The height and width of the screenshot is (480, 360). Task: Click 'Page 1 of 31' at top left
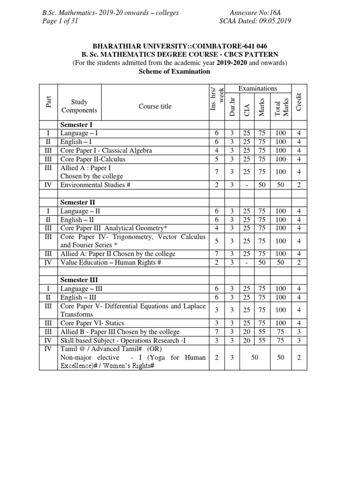[x=59, y=21]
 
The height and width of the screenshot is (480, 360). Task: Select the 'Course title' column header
[x=155, y=106]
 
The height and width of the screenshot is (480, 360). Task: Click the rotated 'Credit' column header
[x=299, y=102]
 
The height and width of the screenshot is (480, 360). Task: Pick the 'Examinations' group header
[x=258, y=89]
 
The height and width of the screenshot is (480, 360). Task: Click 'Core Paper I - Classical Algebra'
[x=106, y=150]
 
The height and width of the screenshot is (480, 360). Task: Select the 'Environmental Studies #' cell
[x=96, y=185]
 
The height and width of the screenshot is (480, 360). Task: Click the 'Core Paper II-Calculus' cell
[x=93, y=159]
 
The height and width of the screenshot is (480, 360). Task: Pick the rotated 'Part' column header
[x=48, y=102]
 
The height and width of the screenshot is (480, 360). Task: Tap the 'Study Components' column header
[x=79, y=106]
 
